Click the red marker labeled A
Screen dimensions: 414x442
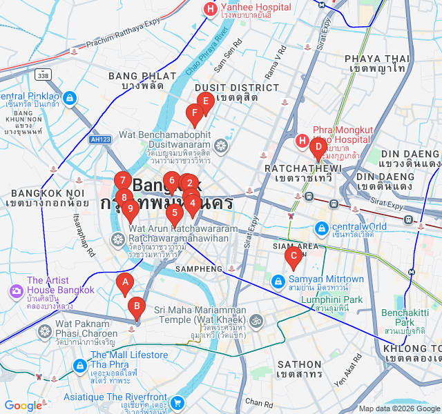coord(125,282)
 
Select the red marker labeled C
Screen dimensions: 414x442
coord(293,257)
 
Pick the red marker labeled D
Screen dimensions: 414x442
coord(318,147)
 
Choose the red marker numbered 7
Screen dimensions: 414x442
coord(122,181)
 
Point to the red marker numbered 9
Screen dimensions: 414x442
coord(130,209)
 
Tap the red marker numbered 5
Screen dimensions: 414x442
coord(174,213)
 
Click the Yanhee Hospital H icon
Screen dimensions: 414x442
coord(209,9)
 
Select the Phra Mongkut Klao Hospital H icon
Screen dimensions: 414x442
coord(302,141)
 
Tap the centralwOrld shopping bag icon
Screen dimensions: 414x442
coord(321,227)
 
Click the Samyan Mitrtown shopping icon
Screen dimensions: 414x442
coord(277,282)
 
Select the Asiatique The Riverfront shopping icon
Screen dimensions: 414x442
coord(177,402)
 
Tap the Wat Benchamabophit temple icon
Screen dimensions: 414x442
coord(221,145)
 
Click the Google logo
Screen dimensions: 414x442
coord(23,406)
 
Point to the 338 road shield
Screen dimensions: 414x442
coord(44,75)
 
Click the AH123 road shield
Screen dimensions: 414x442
coord(100,139)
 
